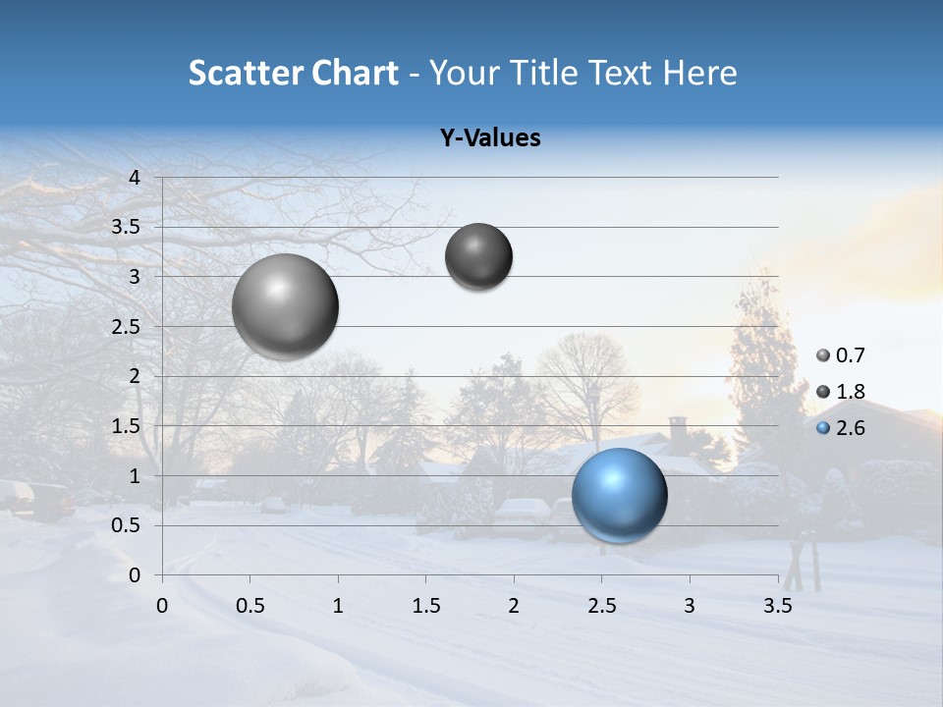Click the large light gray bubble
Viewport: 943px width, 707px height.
point(286,306)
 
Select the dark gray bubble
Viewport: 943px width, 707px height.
point(478,256)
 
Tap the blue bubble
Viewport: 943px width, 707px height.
point(619,495)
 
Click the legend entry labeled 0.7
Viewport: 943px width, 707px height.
point(841,355)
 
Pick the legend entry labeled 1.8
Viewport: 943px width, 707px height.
point(841,392)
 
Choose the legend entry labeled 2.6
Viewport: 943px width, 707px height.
point(841,428)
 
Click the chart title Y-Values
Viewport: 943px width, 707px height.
point(489,138)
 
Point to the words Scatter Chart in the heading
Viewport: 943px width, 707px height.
point(293,73)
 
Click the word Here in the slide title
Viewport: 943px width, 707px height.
point(698,73)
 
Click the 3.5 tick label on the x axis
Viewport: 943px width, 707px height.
point(777,606)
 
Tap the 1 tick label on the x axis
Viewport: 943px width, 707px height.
point(338,606)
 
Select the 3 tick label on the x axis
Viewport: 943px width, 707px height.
point(689,606)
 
